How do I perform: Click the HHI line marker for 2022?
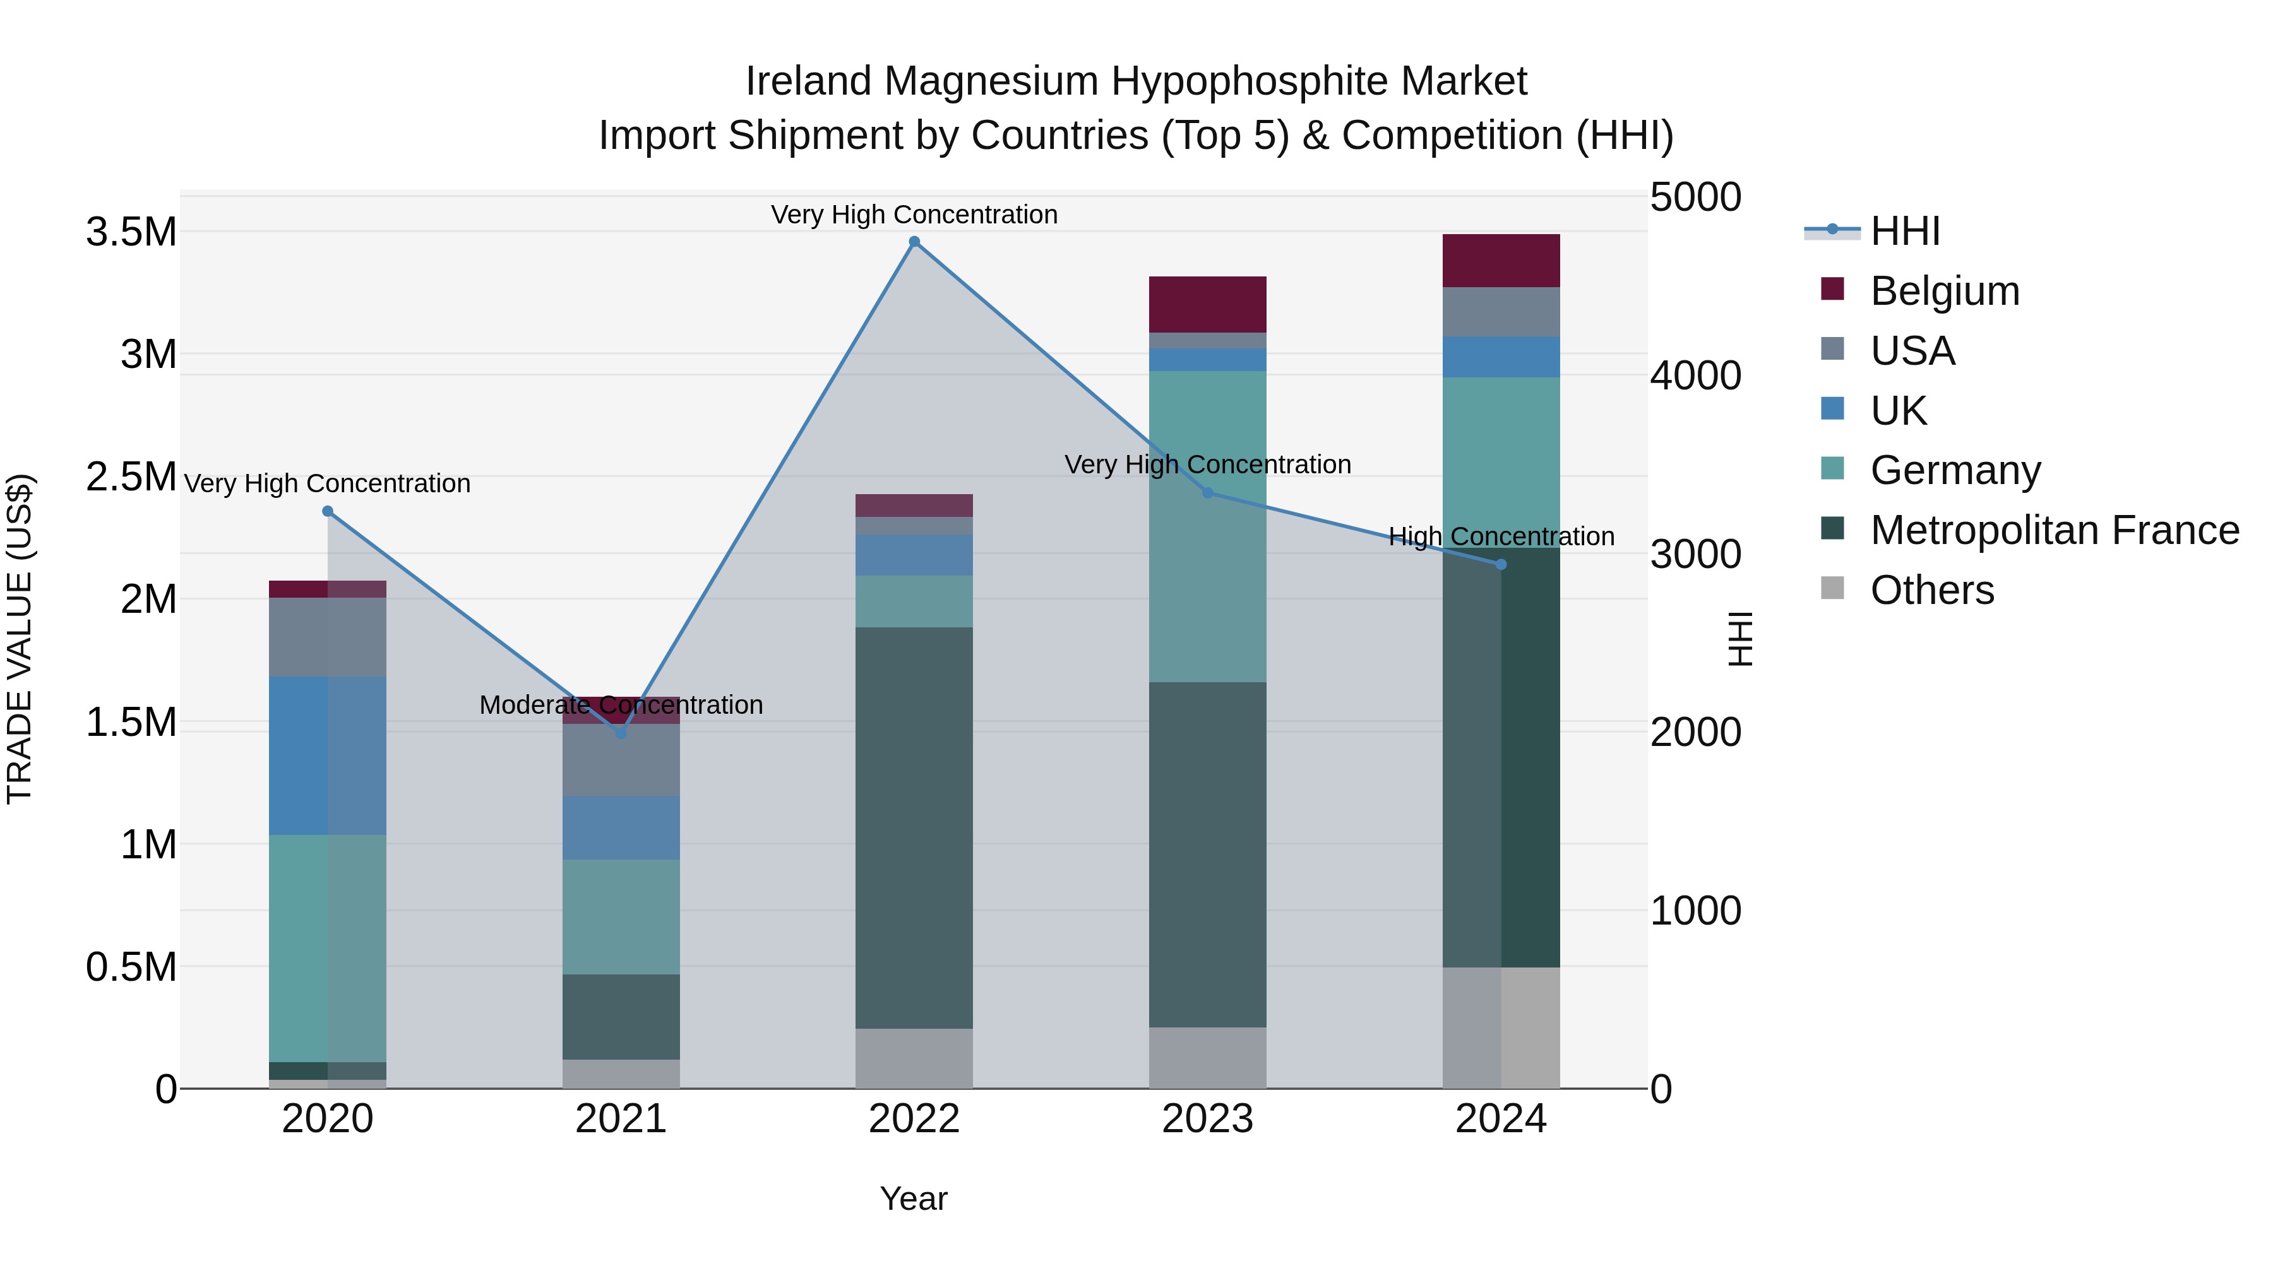[914, 242]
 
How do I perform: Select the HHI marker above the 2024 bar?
[1501, 564]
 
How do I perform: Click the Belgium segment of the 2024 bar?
[1501, 261]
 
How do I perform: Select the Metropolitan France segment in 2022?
[914, 827]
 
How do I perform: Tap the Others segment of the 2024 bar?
[1501, 1027]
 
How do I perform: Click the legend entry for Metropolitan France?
[2054, 531]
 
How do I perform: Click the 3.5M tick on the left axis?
[131, 233]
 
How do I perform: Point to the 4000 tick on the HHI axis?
[1695, 376]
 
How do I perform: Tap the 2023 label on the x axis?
[1207, 1119]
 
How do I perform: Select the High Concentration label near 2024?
[1501, 536]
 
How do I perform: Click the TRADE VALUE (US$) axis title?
[20, 639]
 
